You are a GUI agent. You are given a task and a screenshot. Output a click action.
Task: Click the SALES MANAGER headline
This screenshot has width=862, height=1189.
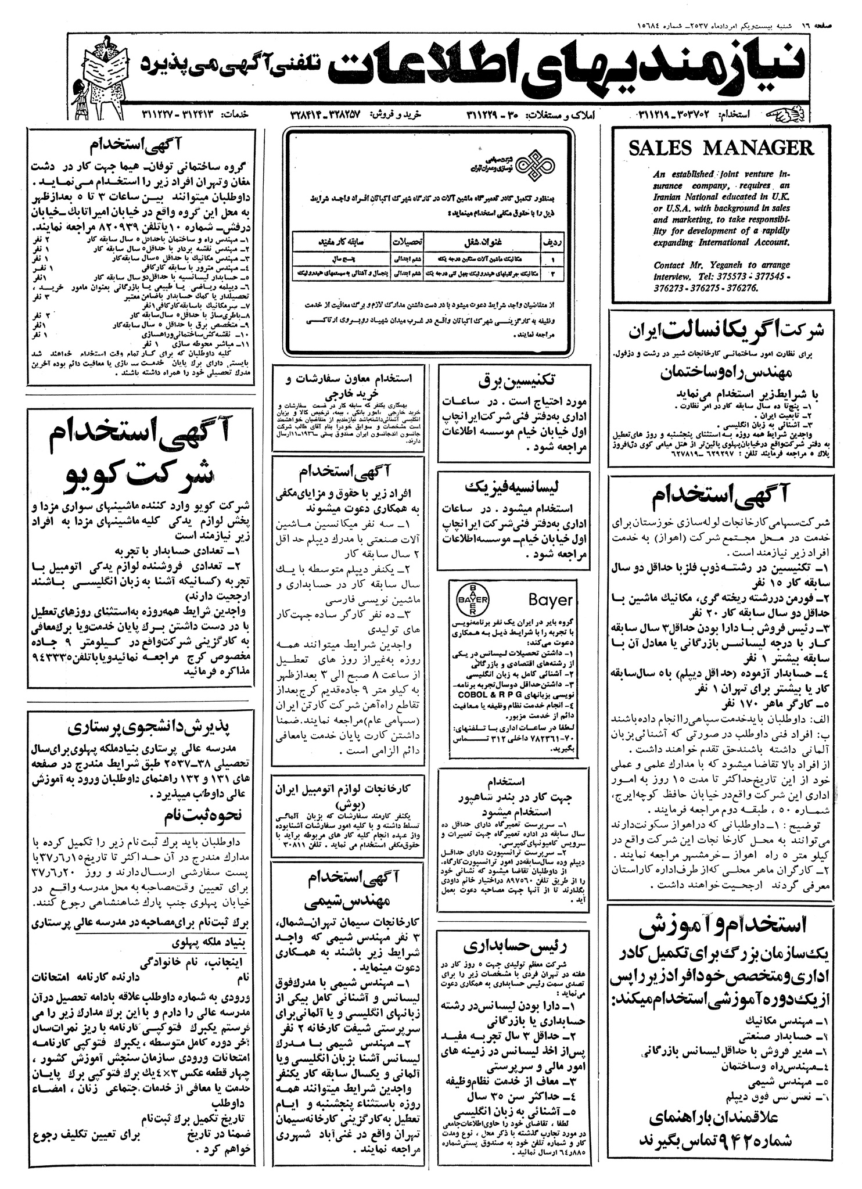tap(721, 149)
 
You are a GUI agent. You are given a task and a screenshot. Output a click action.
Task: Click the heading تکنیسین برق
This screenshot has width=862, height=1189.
tap(513, 382)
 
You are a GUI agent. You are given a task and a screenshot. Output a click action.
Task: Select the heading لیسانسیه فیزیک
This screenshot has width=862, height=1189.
tap(513, 486)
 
